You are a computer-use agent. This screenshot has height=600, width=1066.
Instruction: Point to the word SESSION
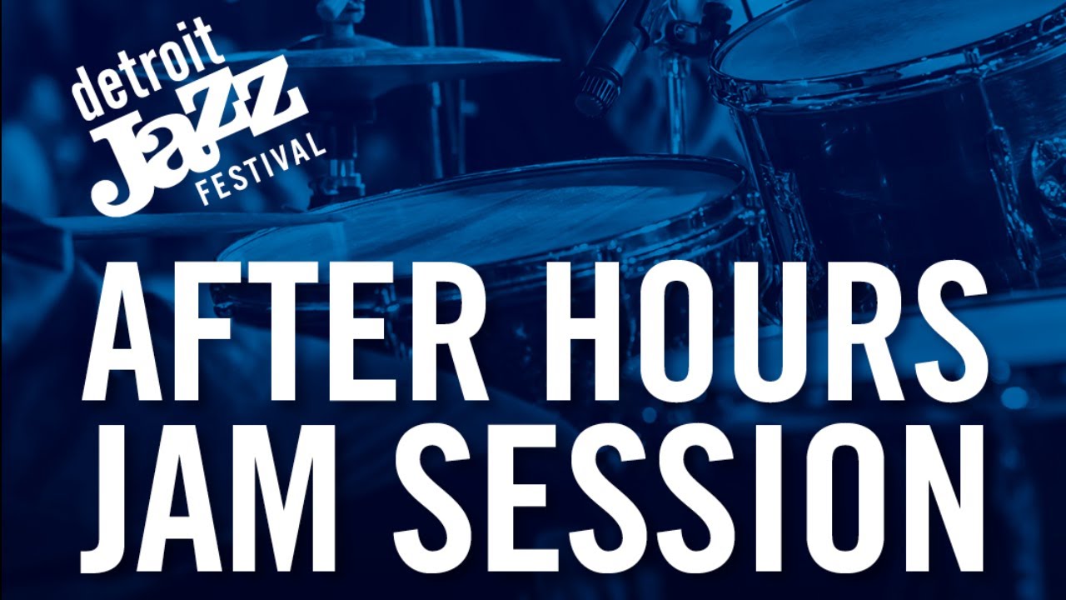pos(689,500)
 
